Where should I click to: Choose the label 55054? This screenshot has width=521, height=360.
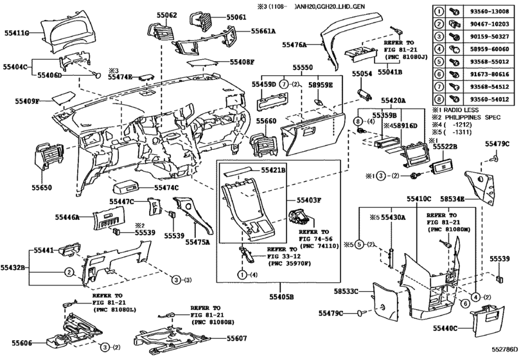click(x=362, y=75)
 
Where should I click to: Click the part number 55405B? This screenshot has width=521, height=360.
click(x=281, y=297)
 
